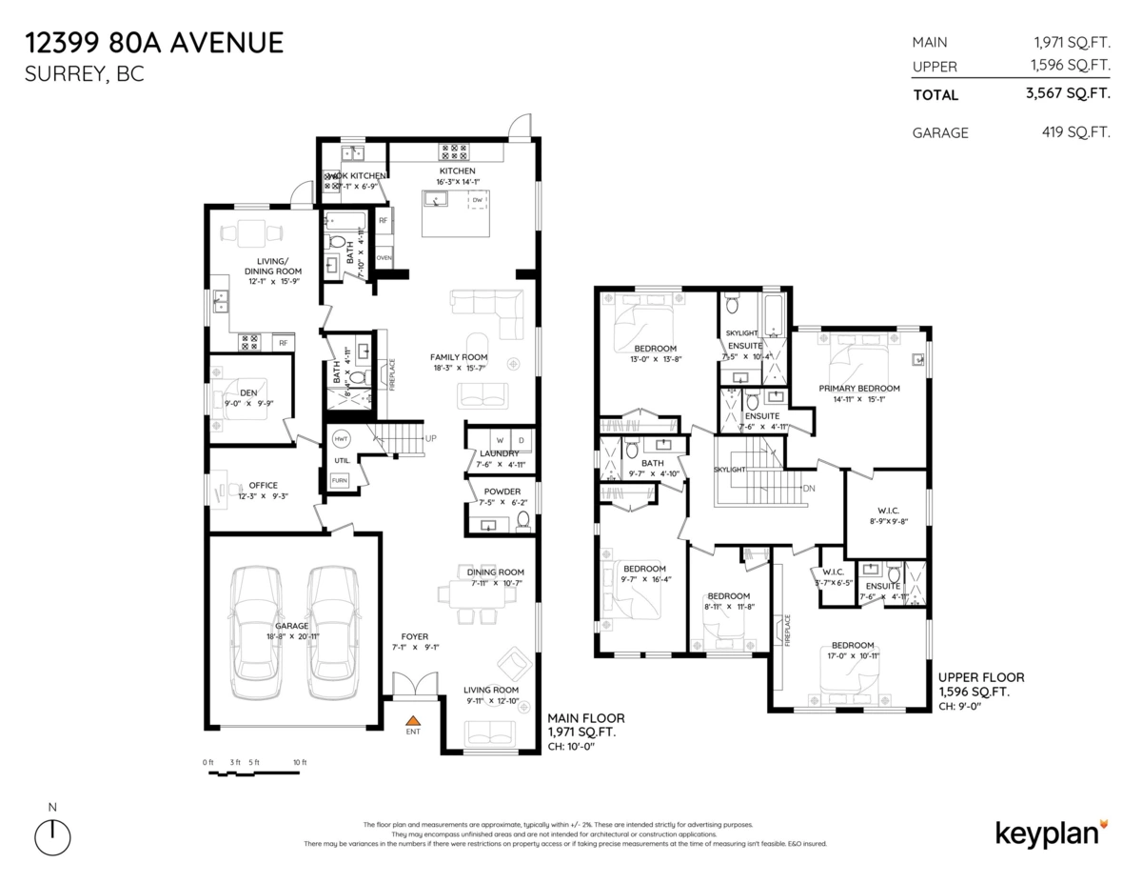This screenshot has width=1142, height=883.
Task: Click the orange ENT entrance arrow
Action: (x=413, y=722)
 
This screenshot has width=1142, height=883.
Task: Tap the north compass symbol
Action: (x=52, y=837)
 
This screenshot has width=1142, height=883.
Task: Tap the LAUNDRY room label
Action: (x=499, y=453)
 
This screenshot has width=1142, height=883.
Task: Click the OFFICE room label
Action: (x=264, y=485)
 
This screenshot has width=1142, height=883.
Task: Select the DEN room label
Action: (x=248, y=391)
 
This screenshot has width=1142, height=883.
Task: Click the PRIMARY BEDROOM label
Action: (x=859, y=388)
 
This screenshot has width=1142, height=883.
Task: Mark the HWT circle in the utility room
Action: (x=340, y=440)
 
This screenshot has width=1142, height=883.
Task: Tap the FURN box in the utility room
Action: (x=340, y=480)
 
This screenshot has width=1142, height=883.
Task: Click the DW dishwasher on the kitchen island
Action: (x=477, y=200)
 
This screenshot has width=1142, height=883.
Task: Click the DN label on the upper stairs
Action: (x=809, y=489)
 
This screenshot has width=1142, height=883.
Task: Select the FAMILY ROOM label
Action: (x=459, y=356)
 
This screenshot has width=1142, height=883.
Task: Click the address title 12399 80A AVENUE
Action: (x=154, y=43)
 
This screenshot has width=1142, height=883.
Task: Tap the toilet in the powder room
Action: (x=522, y=520)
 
